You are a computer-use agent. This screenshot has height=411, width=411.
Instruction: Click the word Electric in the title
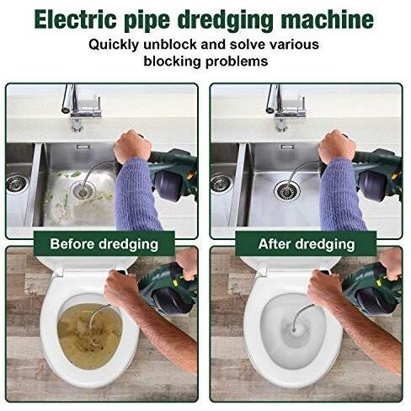[75, 19]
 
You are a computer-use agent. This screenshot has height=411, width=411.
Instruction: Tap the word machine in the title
[328, 19]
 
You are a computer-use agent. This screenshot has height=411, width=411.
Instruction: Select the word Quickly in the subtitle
[114, 45]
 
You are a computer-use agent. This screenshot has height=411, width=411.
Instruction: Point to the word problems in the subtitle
[237, 61]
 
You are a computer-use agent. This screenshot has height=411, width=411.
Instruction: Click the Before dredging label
[104, 243]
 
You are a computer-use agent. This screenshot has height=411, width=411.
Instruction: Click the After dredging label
[307, 243]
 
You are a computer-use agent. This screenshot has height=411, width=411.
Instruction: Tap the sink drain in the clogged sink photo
[83, 190]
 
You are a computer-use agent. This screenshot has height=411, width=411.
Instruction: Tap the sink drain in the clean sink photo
[287, 191]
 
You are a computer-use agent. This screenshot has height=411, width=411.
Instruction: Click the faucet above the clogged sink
[81, 107]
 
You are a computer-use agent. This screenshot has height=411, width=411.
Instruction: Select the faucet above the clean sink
[286, 107]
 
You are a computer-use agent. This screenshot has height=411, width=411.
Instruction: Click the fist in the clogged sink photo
[132, 147]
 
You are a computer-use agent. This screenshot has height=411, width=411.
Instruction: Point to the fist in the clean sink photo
[337, 147]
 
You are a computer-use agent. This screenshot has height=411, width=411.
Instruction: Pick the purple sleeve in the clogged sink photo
[136, 196]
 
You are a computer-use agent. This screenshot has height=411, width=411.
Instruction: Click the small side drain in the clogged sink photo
[17, 184]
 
